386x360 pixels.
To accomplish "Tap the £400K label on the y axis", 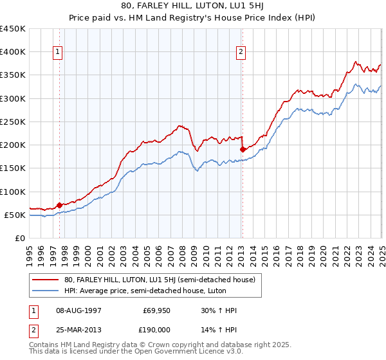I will (x=13, y=52).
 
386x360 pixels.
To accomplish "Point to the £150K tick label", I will (x=13, y=168).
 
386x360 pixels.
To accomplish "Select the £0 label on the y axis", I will (x=20, y=239).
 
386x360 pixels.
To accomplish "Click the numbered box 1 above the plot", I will (x=59, y=53).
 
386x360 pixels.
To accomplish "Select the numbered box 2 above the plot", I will (x=241, y=53).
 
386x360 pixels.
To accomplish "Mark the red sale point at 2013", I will (x=243, y=149).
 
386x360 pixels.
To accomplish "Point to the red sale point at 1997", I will (x=59, y=206).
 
